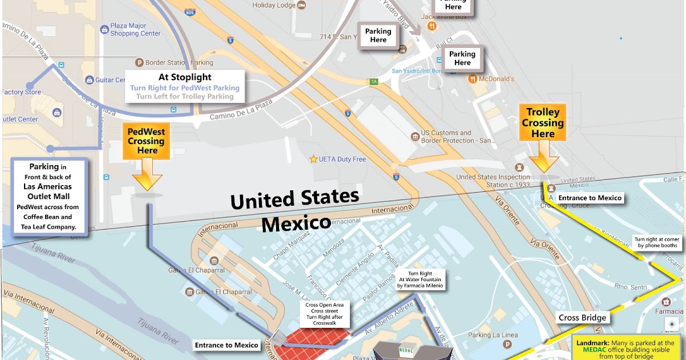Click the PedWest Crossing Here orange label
click(147, 141)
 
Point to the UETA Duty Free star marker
click(313, 159)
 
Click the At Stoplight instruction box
click(185, 86)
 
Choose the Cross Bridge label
click(582, 318)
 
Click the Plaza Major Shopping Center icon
click(105, 29)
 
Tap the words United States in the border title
click(294, 201)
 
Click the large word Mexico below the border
click(296, 222)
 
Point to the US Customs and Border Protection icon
click(415, 137)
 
